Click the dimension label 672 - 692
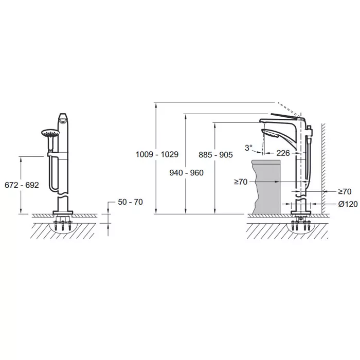22,185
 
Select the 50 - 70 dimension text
131,202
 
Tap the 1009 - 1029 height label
157,154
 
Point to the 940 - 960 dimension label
186,173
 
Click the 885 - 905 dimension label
215,155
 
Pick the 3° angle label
248,148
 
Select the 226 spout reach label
283,153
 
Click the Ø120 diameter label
348,204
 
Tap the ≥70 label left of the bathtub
241,182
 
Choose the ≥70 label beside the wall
345,191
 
